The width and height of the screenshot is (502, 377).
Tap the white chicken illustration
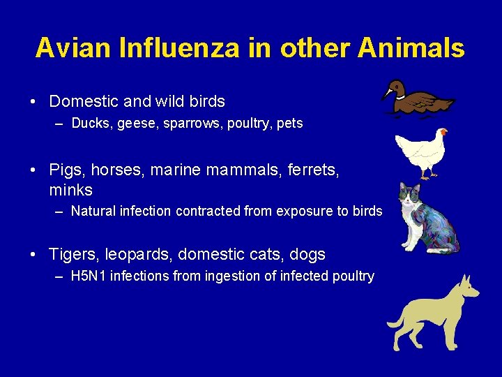pos(421,152)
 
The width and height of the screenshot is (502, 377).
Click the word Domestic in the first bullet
pos(84,101)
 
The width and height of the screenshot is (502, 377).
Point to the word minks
pos(70,190)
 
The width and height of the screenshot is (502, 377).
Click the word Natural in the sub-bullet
pos(93,211)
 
